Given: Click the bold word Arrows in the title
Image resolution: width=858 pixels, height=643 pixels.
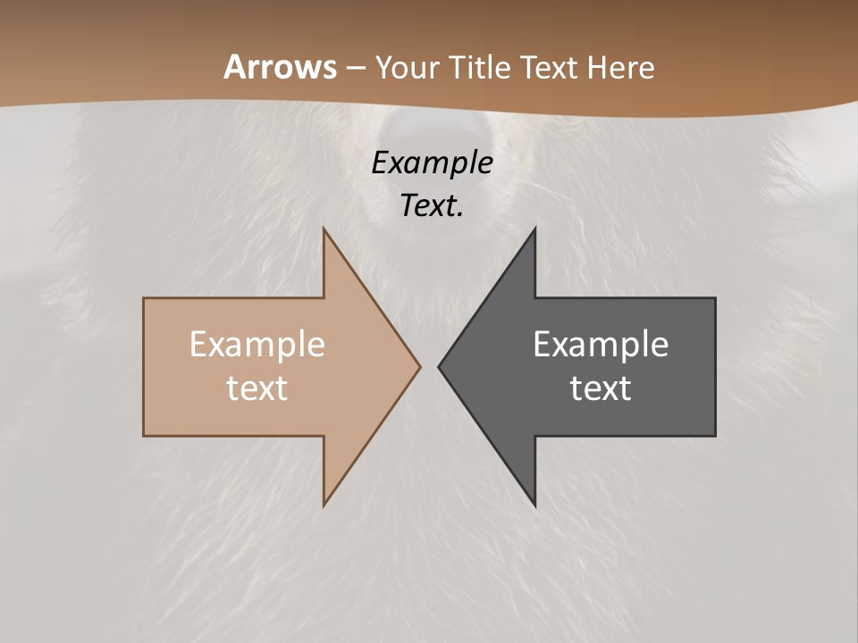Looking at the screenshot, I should coord(280,67).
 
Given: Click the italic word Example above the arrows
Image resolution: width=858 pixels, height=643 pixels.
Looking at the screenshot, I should coord(432,163).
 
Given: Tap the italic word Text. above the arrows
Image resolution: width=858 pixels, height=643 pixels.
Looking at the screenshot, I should coord(432,205).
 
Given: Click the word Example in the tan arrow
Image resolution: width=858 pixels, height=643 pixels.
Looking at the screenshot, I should coord(257,345).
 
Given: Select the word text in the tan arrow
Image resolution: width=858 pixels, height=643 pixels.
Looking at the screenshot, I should coord(257,388).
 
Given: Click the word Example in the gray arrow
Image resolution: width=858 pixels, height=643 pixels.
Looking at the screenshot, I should coord(601,345).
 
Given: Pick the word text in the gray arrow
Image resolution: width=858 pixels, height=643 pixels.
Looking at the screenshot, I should coord(601,388).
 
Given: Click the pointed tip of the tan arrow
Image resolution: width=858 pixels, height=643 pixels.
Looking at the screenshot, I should coord(419,366).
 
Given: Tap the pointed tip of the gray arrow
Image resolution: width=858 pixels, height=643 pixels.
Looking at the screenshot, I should coord(440,366).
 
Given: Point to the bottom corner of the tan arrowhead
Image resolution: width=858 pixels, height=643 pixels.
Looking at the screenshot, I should coord(324,504).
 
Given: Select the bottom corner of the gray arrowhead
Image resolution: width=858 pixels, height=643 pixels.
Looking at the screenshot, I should coord(534,504).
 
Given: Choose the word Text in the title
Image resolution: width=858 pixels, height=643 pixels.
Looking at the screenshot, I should coord(550,68).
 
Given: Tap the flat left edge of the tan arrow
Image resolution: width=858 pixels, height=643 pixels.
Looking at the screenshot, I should coord(144,366).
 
